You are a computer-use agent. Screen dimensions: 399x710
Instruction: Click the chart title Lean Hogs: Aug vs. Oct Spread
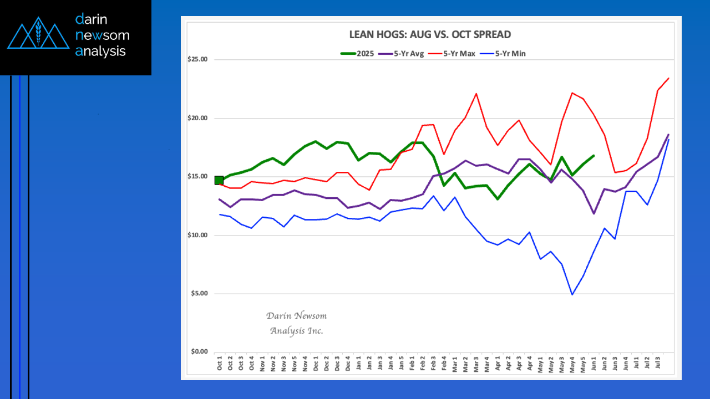(430, 34)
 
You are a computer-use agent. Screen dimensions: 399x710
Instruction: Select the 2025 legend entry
(358, 54)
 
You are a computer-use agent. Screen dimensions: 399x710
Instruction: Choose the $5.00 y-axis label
(199, 294)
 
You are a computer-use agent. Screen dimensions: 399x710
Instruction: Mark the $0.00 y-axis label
(199, 352)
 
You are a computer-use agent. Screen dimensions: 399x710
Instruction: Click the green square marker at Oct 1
(219, 180)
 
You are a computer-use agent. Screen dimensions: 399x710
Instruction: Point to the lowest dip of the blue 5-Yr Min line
(572, 294)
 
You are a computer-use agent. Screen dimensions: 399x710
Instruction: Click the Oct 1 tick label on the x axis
(220, 364)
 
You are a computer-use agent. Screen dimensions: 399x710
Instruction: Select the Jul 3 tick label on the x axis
(658, 364)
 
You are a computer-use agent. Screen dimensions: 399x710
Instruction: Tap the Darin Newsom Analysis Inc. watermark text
(297, 323)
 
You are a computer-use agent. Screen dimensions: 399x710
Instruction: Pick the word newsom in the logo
(102, 35)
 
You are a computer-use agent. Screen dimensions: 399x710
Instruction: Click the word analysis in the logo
(100, 52)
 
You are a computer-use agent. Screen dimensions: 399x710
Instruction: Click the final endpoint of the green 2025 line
(594, 156)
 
